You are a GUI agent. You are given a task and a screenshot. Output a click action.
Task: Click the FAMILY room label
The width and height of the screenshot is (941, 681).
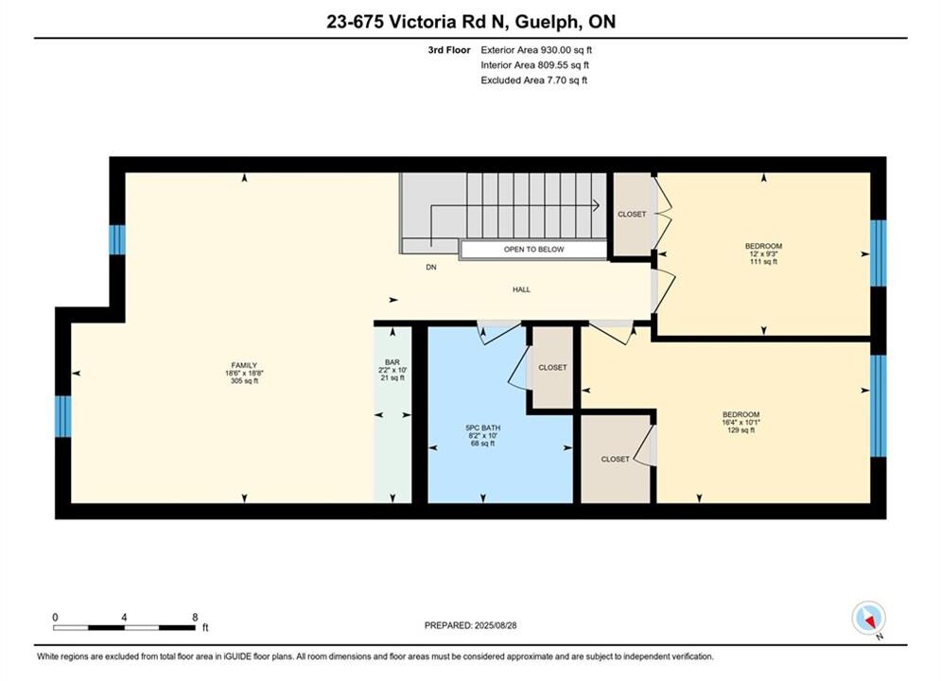[x=244, y=365]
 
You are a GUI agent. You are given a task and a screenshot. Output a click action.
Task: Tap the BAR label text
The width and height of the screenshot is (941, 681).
[x=392, y=362]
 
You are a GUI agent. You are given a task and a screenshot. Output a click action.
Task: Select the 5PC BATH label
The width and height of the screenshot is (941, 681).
[x=483, y=428]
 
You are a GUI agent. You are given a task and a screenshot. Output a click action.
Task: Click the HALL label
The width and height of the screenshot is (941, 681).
[x=521, y=289]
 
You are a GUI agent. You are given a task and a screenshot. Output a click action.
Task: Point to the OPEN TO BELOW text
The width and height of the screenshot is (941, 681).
[x=534, y=249]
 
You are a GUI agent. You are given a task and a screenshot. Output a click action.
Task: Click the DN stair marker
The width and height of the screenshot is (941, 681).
[x=431, y=267]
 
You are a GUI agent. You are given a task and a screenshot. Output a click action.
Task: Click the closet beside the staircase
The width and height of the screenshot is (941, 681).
[x=632, y=214]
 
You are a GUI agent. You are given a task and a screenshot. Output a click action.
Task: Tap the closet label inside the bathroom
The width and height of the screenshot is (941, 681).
[x=552, y=367]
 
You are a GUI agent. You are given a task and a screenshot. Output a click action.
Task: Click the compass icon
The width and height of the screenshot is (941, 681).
[x=868, y=618]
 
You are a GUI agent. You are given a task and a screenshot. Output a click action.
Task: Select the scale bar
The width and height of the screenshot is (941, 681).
[x=124, y=628]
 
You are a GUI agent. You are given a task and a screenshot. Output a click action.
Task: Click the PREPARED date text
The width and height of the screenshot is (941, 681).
[x=471, y=625]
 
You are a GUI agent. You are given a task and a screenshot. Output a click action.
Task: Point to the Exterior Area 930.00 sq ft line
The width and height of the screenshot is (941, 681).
[x=536, y=50]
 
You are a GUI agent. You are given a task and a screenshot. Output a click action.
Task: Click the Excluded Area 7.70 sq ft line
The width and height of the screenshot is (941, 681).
[x=534, y=79]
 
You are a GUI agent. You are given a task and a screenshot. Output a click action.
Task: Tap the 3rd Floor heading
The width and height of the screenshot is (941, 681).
[x=449, y=50]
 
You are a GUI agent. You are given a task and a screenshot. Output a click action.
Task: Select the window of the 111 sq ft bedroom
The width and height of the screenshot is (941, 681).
[x=878, y=253]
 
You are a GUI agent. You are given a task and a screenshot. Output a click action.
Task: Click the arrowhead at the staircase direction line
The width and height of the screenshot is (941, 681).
[x=596, y=205]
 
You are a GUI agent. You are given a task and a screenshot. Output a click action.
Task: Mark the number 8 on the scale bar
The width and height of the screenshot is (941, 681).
[x=195, y=617]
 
